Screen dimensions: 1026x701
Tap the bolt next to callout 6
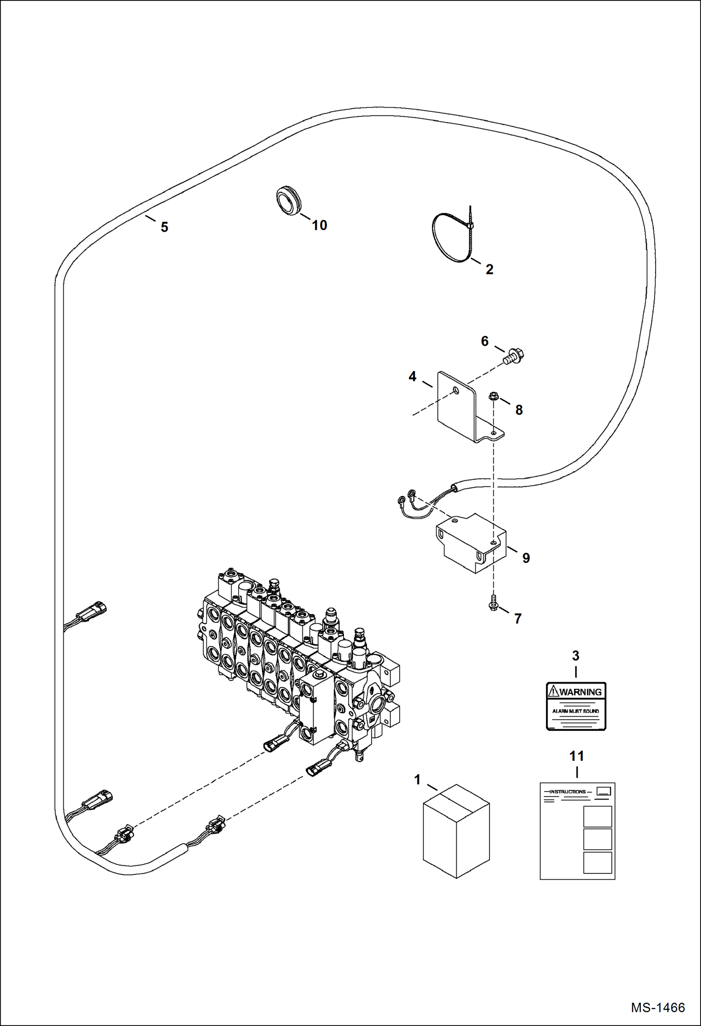514,357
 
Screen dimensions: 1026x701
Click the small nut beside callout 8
493,397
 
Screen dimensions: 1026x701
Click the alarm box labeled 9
470,543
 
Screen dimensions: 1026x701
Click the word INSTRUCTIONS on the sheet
567,792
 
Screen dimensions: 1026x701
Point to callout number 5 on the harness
164,227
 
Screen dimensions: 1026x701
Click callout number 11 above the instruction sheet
577,756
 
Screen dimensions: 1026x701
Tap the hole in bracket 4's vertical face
457,391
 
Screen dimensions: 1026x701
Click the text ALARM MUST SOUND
576,711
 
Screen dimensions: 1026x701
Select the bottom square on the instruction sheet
598,862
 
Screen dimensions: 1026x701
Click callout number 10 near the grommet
320,226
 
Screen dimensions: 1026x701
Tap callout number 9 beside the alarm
526,558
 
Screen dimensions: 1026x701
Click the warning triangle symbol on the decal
554,691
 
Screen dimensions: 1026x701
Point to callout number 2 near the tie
489,269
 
